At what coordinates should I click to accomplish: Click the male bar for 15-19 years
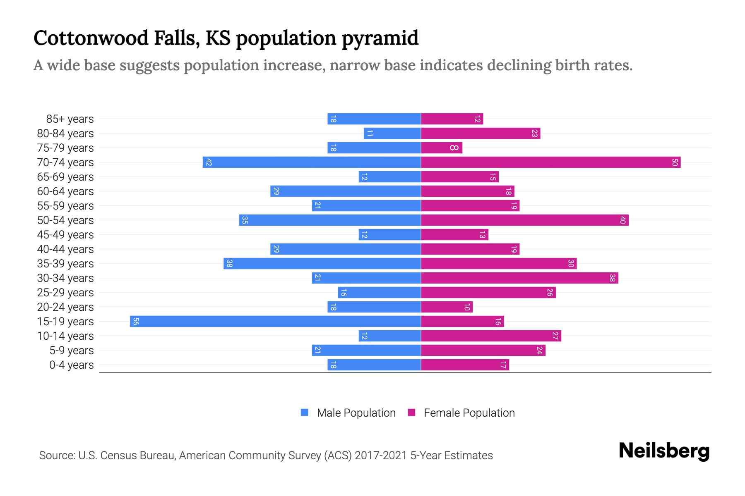275,322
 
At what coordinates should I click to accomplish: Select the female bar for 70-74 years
550,162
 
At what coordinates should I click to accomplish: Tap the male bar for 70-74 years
312,162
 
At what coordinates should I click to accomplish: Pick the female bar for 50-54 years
524,220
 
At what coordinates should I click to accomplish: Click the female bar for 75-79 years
441,148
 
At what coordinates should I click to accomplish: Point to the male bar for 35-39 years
322,264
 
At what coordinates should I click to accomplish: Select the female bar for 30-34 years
519,278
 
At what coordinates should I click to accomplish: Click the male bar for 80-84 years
392,134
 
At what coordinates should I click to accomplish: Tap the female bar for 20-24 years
447,307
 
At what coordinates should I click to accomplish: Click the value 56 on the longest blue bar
136,322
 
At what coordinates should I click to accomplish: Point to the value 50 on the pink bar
674,162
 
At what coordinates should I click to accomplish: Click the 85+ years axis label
70,119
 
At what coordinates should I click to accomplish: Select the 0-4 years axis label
71,365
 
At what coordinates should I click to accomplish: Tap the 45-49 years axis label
65,235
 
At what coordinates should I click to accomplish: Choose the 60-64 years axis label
65,191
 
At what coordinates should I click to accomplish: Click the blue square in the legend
305,413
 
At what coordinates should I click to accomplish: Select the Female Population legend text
469,413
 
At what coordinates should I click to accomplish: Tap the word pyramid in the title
380,38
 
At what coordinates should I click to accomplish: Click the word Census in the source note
118,455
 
